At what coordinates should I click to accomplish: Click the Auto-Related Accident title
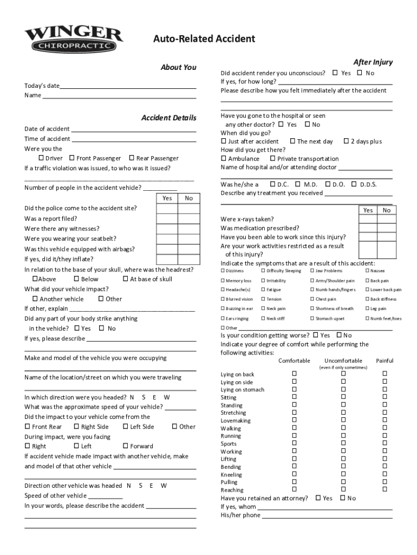[204, 39]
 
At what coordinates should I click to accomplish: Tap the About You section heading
[178, 67]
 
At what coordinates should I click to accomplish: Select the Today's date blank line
[128, 86]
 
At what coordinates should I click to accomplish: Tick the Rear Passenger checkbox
[131, 158]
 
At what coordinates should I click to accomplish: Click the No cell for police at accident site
[188, 208]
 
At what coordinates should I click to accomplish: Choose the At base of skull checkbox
[125, 279]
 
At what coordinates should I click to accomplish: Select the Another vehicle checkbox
[35, 299]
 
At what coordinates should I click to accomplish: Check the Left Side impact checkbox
[125, 427]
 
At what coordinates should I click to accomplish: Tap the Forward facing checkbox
[125, 446]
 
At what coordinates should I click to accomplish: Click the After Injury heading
[373, 62]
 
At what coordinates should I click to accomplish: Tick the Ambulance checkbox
[224, 159]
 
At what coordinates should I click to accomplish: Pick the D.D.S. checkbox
[355, 184]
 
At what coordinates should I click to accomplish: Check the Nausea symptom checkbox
[367, 270]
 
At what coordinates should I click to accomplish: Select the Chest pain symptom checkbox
[312, 299]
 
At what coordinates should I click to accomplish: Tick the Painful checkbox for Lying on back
[385, 373]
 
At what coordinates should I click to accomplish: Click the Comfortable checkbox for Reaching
[295, 489]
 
